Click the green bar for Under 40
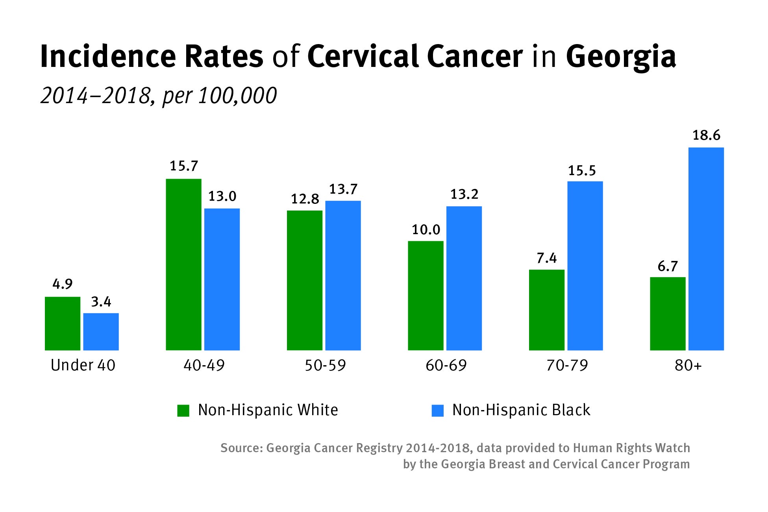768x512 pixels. [x=63, y=323]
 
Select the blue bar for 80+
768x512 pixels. [x=706, y=249]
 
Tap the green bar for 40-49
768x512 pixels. [x=183, y=264]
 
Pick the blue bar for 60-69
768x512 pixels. [x=464, y=278]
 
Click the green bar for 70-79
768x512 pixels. [x=546, y=310]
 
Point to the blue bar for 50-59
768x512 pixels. [x=343, y=275]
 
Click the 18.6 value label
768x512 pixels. [x=706, y=135]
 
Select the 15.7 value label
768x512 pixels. [x=183, y=166]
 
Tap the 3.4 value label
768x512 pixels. [x=101, y=302]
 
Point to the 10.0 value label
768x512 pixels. [x=426, y=229]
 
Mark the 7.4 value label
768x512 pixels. [x=546, y=258]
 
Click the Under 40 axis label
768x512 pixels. [x=83, y=365]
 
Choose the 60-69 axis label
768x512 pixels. [x=446, y=366]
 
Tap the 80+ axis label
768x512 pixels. [x=688, y=366]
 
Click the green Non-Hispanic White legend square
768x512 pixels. [x=183, y=410]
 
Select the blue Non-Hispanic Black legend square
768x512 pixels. [x=437, y=410]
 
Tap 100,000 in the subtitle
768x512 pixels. [x=237, y=96]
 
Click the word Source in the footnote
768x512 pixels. [x=241, y=448]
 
